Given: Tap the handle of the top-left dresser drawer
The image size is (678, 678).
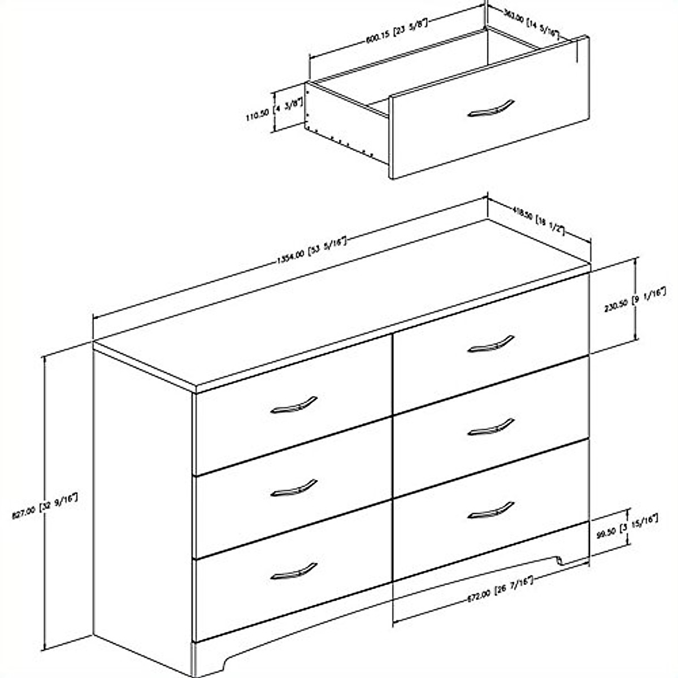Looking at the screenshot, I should coord(293,405).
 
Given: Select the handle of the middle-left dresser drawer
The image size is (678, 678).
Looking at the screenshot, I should coord(293,488).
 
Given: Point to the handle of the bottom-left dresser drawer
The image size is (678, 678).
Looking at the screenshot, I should coord(293,571).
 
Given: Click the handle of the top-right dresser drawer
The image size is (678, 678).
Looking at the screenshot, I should coord(491,344).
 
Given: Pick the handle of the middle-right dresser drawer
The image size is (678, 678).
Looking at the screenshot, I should coord(491,427).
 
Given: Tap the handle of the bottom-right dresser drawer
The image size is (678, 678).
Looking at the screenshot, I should coord(491,510).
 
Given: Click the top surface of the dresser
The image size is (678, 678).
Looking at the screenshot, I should coord(339,316).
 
